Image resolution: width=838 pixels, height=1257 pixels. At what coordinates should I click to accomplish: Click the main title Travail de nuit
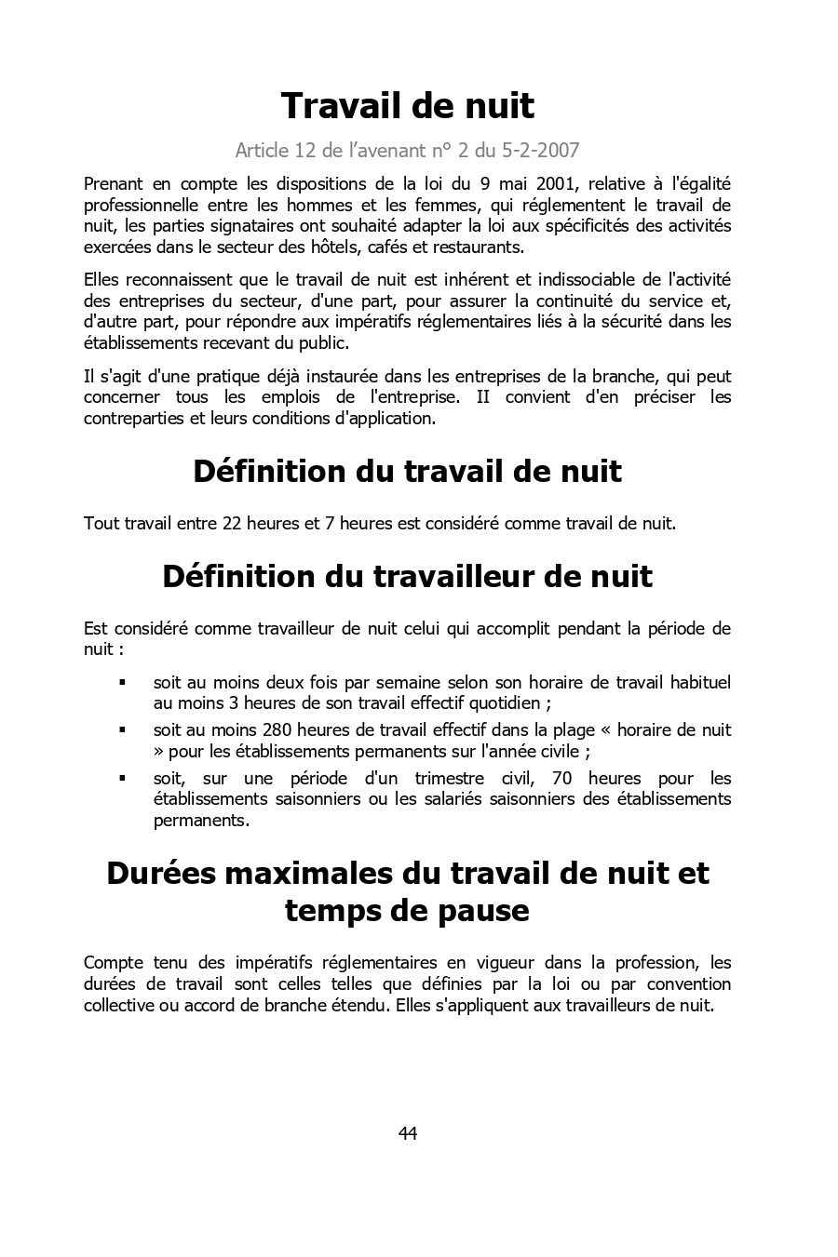(407, 106)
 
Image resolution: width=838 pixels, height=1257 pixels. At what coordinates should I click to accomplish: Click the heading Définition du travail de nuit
(407, 471)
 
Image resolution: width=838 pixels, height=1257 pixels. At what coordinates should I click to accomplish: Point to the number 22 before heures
(232, 523)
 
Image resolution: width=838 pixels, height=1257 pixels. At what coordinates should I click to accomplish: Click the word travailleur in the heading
(454, 576)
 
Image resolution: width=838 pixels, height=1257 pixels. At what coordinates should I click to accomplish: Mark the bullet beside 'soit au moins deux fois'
(122, 682)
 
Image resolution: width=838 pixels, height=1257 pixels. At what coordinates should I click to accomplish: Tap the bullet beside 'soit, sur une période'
(122, 778)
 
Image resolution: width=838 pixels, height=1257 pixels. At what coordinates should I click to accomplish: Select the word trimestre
(450, 778)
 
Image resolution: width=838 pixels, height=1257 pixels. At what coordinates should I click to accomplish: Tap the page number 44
(408, 1133)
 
